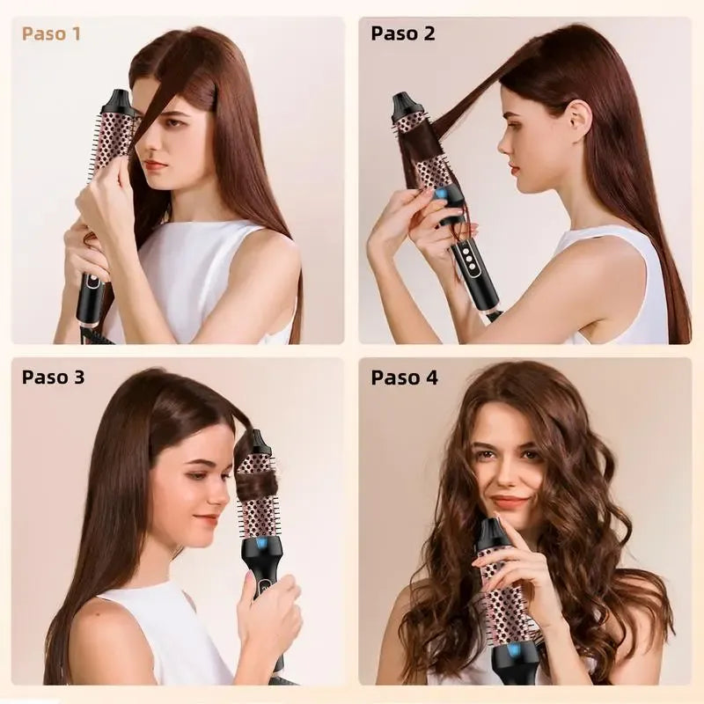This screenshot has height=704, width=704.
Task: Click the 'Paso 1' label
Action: coord(51,34)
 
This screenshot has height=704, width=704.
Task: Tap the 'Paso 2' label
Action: coord(403,33)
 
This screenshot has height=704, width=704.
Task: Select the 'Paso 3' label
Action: coord(53,378)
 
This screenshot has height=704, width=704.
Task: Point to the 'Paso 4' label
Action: coord(404,378)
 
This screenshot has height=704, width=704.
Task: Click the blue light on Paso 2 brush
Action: coord(441,194)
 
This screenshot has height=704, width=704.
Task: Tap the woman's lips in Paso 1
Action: coord(156,165)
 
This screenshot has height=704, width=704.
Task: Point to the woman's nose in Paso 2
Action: coord(503,143)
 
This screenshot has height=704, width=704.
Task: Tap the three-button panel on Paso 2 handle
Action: coord(468,259)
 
